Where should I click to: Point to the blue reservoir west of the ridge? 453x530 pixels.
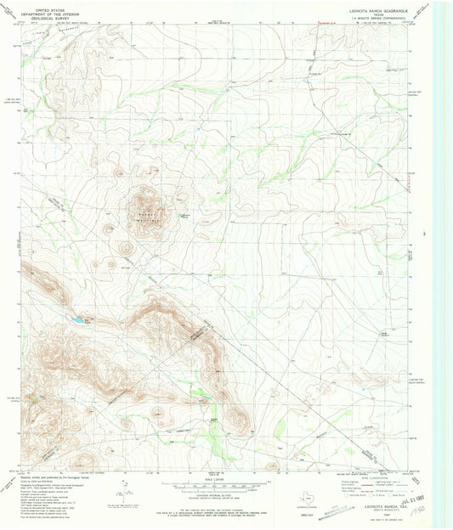(77, 320)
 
